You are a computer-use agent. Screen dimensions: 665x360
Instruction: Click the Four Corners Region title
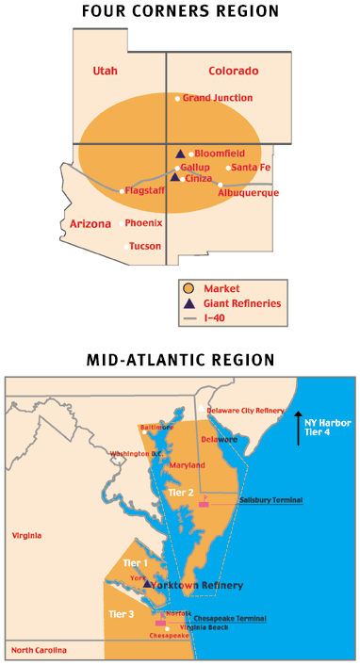tap(180, 12)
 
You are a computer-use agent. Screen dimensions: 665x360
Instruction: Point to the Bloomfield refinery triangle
tap(180, 153)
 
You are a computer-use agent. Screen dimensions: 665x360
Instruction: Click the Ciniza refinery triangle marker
tap(174, 176)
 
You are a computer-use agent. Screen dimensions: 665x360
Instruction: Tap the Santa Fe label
tap(251, 168)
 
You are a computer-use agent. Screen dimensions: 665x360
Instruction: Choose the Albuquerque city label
tap(249, 193)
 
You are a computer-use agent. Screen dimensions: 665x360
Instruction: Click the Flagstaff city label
tap(145, 190)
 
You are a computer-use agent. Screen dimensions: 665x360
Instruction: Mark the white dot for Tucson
tap(125, 247)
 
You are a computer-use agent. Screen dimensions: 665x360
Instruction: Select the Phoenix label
tap(143, 223)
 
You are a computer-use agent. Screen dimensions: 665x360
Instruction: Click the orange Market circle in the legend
tap(189, 288)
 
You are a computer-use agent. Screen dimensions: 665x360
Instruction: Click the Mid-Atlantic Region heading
tap(180, 360)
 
